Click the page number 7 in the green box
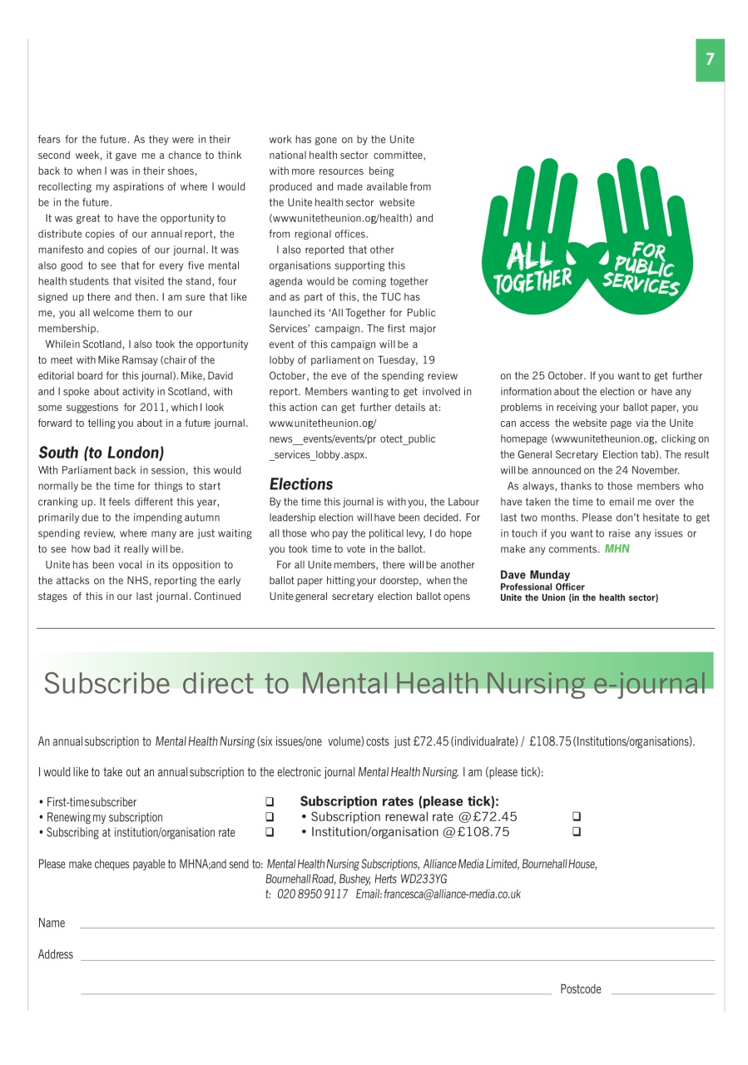[710, 60]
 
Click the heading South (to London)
[101, 453]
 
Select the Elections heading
[301, 484]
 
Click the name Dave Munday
[535, 575]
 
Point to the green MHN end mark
[617, 549]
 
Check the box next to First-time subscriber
[270, 803]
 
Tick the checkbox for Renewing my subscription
[270, 818]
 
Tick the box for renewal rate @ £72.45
[577, 817]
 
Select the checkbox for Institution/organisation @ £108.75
[577, 832]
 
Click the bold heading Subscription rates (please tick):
[399, 802]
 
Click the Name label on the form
[52, 923]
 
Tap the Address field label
[56, 954]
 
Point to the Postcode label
[581, 989]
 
